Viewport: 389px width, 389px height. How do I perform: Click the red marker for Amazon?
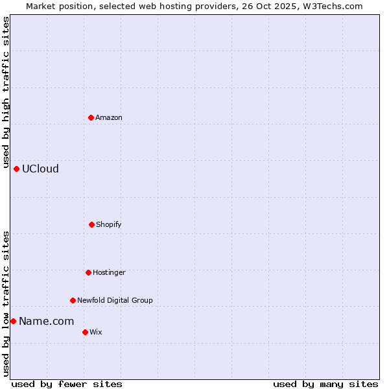click(x=91, y=117)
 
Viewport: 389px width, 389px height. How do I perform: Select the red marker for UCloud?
click(x=16, y=169)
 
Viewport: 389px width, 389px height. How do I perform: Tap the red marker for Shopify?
click(x=91, y=224)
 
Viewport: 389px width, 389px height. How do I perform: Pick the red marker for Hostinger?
click(x=88, y=272)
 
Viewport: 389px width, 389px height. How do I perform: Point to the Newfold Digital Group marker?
click(x=73, y=300)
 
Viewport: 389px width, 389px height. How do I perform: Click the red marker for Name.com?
click(x=13, y=321)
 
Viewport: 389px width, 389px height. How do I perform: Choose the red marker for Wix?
click(x=85, y=332)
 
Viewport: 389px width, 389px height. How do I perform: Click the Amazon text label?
click(x=109, y=117)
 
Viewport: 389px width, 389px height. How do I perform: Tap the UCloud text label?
click(x=40, y=169)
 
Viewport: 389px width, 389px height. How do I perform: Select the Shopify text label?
click(x=109, y=224)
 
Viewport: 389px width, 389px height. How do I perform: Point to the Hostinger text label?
click(x=109, y=272)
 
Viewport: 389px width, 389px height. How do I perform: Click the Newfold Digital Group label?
click(x=115, y=300)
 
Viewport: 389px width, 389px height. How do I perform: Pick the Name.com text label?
click(x=46, y=321)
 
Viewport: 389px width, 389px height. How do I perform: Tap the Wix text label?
click(x=96, y=332)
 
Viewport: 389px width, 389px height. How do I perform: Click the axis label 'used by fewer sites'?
click(x=67, y=384)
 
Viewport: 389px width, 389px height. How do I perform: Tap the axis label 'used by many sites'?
click(x=325, y=384)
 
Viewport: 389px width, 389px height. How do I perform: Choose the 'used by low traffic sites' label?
click(x=6, y=303)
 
